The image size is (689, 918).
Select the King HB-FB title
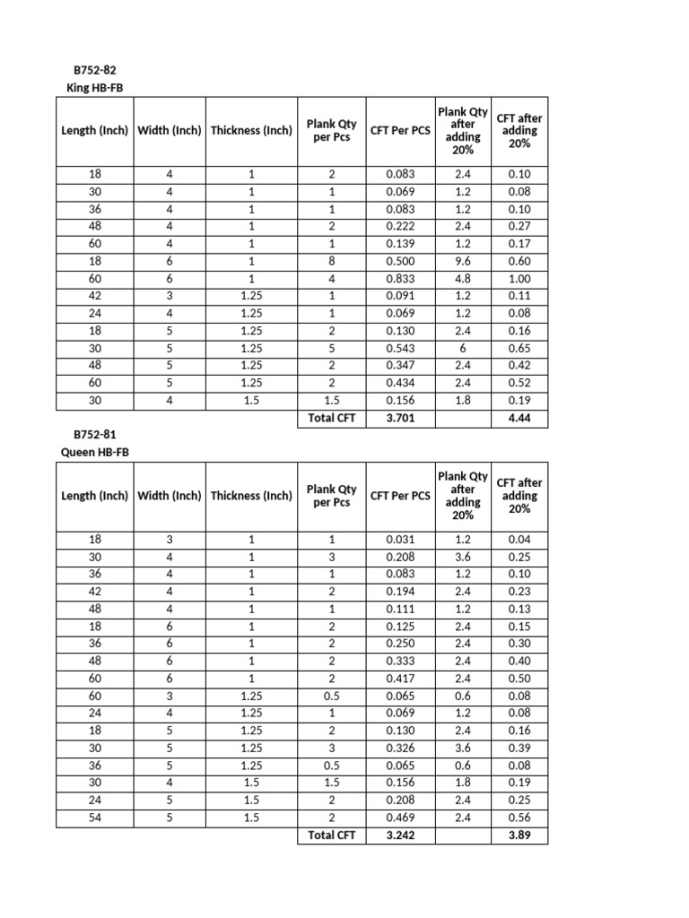pos(98,87)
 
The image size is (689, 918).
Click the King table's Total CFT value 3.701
pos(400,418)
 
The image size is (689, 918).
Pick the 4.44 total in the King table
pos(519,418)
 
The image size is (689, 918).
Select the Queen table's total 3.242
pos(400,835)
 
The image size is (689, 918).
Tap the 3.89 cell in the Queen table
pos(519,835)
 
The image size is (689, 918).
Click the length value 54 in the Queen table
pos(96,818)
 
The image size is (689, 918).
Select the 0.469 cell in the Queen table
pos(400,818)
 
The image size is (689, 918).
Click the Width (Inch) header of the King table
pos(170,131)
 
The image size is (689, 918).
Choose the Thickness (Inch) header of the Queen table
pos(251,496)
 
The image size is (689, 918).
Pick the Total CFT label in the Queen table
pos(332,835)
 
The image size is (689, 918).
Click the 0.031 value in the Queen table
pos(400,540)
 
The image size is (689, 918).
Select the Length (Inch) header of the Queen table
pos(96,496)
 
